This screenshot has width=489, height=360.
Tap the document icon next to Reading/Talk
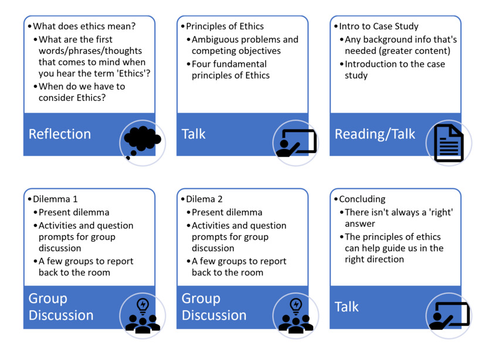(449, 143)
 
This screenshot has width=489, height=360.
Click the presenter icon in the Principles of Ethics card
(296, 143)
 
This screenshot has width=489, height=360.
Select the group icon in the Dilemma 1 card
(142, 316)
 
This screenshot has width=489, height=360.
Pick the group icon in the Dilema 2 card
(296, 316)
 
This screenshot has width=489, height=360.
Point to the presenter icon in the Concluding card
(449, 315)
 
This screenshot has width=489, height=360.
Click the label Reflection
(60, 134)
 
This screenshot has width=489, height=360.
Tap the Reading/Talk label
(375, 134)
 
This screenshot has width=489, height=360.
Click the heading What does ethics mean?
(84, 26)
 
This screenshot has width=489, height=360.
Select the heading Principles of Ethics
(225, 26)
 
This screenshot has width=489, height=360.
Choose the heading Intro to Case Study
(379, 26)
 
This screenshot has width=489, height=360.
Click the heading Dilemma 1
(55, 199)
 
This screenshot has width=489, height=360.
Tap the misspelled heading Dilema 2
(204, 199)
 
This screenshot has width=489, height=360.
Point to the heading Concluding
(362, 199)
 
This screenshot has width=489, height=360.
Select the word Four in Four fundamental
(201, 64)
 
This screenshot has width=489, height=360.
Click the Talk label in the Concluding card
(347, 307)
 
